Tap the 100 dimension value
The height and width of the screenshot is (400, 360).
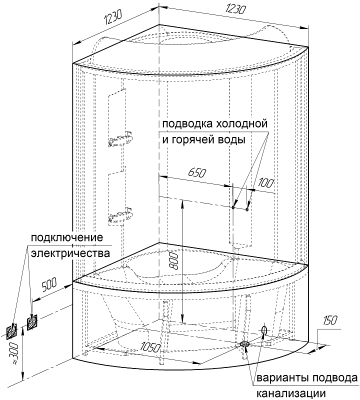click(266, 183)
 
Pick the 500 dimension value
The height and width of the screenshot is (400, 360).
click(48, 286)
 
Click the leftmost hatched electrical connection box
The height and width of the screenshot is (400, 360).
click(12, 330)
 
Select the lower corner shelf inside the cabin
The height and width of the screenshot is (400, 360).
click(121, 216)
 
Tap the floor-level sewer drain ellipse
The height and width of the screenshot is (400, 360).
click(245, 344)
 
